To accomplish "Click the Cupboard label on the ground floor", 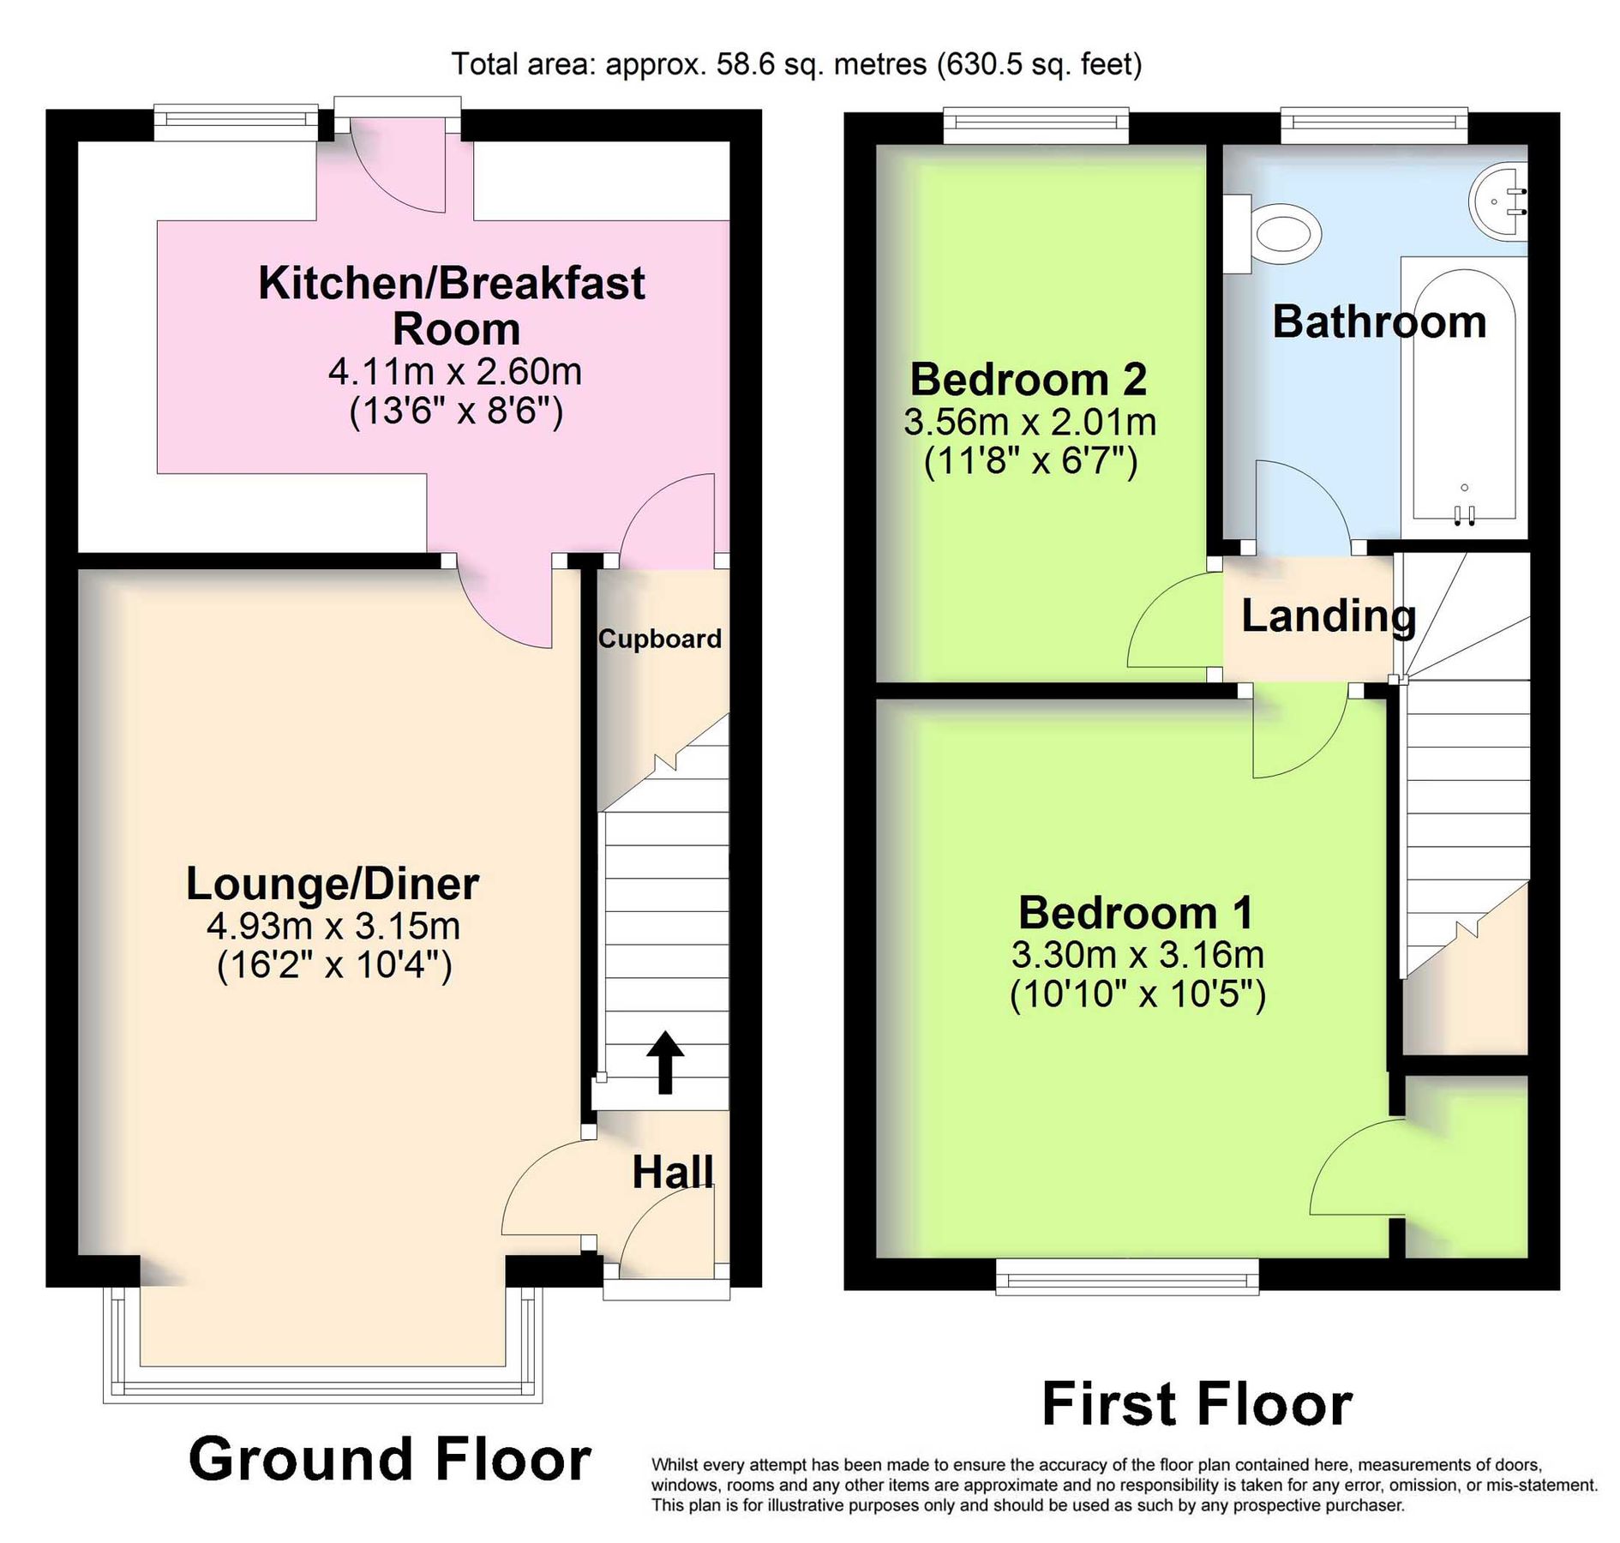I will pyautogui.click(x=659, y=639).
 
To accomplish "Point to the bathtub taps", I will pyautogui.click(x=1464, y=513).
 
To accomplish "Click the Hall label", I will pyautogui.click(x=672, y=1173).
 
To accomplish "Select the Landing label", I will pyautogui.click(x=1328, y=616).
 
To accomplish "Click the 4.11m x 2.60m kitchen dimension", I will pyautogui.click(x=454, y=372).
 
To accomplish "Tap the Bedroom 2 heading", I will pyautogui.click(x=1028, y=379).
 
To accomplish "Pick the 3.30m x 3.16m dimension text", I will pyautogui.click(x=1137, y=954).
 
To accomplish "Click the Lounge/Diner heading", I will pyautogui.click(x=333, y=884).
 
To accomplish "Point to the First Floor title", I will pyautogui.click(x=1197, y=1404).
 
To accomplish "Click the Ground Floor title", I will pyautogui.click(x=390, y=1459).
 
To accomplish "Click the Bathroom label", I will pyautogui.click(x=1378, y=322).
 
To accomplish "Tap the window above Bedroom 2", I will pyautogui.click(x=1035, y=126).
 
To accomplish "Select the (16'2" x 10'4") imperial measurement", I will pyautogui.click(x=334, y=966).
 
